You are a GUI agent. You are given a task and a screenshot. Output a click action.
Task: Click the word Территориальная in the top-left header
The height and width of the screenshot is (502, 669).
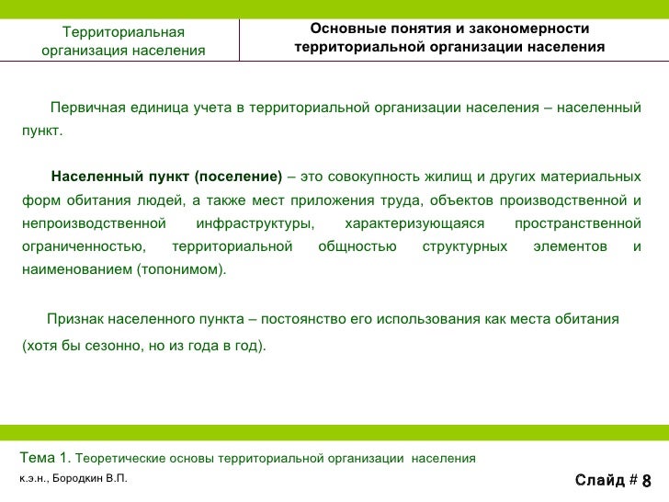pos(123,33)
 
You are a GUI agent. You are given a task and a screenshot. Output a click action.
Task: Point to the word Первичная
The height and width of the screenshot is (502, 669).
pos(85,109)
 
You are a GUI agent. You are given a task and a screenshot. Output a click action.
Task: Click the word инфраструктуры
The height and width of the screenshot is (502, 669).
pos(255,223)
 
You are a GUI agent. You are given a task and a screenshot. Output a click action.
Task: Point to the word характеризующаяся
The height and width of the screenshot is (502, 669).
pos(414,223)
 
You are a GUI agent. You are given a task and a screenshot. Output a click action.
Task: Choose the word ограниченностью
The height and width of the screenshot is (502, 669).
pos(82,246)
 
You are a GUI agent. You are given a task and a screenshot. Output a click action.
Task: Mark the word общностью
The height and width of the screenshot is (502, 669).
pos(357,246)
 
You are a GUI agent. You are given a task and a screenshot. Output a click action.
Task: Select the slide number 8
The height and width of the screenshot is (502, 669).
pos(646,481)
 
